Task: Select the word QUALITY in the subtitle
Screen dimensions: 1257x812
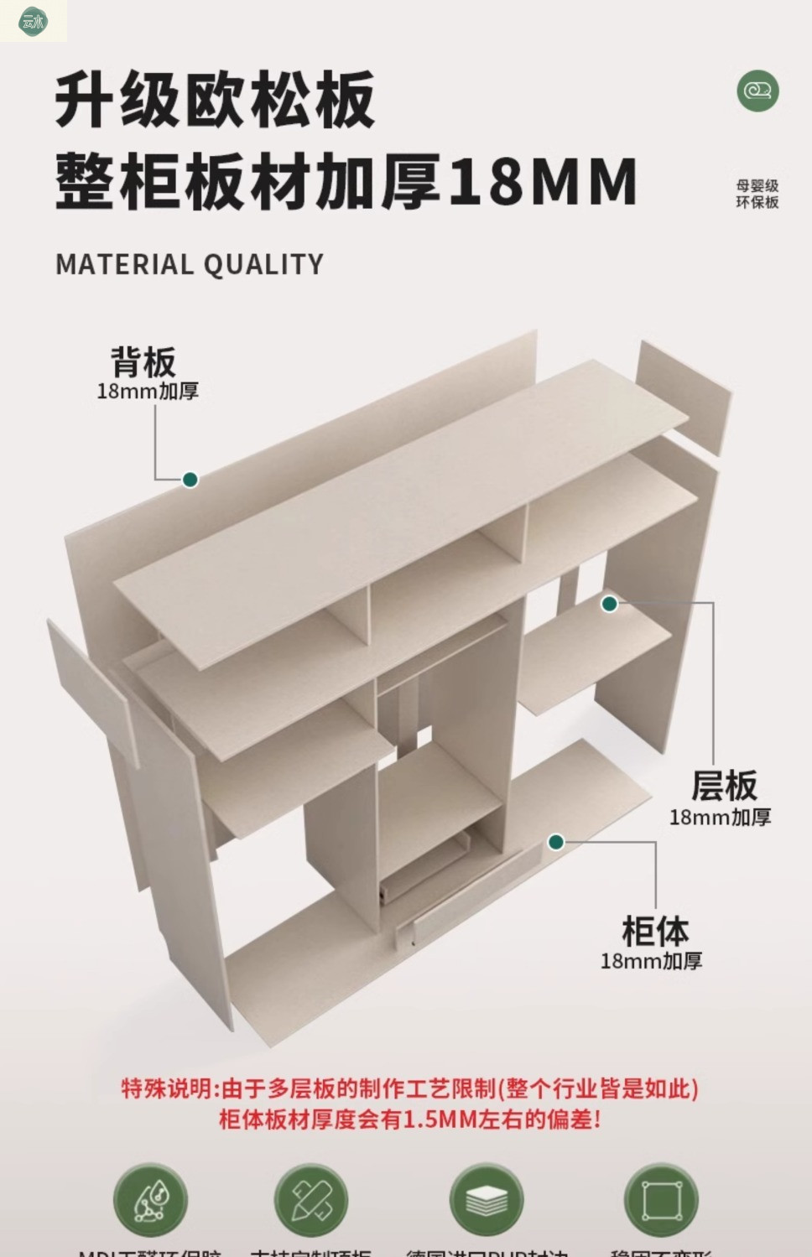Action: pos(263,265)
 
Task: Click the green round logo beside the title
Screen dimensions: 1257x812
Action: pos(757,91)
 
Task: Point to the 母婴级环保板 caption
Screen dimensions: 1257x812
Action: pos(757,194)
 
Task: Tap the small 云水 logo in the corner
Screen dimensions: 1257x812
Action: pos(33,21)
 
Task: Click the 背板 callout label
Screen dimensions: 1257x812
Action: pos(143,362)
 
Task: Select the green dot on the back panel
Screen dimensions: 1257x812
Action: pos(190,480)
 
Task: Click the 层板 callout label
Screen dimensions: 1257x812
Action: pos(724,786)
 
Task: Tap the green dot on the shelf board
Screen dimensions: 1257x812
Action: pos(610,604)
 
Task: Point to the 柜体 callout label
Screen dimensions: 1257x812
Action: pos(655,932)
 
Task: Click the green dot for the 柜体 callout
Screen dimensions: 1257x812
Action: pos(556,842)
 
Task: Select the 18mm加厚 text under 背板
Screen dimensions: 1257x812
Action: pos(148,392)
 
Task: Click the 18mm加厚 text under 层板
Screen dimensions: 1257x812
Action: pos(720,817)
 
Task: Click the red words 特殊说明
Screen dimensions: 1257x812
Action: pos(167,1088)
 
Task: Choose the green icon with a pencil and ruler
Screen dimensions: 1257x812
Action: pos(311,1200)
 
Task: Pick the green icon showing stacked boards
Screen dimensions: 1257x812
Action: pos(487,1200)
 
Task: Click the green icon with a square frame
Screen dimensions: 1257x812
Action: pos(661,1200)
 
